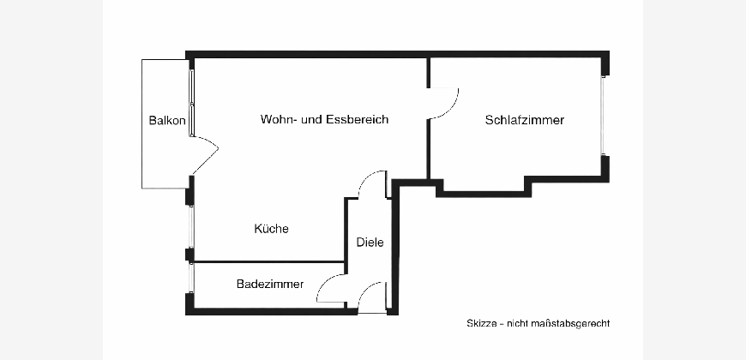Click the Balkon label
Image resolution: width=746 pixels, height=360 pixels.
(166, 121)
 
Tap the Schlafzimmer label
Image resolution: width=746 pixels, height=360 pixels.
(524, 121)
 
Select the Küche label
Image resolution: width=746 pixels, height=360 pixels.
(271, 229)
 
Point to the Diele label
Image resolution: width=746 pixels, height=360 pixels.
(370, 243)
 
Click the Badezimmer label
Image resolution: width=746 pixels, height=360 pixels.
(269, 285)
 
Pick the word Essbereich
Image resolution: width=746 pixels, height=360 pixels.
(357, 120)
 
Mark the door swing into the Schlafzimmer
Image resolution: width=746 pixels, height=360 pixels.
(445, 103)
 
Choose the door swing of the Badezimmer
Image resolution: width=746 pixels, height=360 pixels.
(331, 289)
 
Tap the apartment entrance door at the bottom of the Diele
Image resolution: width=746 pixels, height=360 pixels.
(372, 297)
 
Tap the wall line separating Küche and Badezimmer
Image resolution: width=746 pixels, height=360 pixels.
(269, 261)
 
